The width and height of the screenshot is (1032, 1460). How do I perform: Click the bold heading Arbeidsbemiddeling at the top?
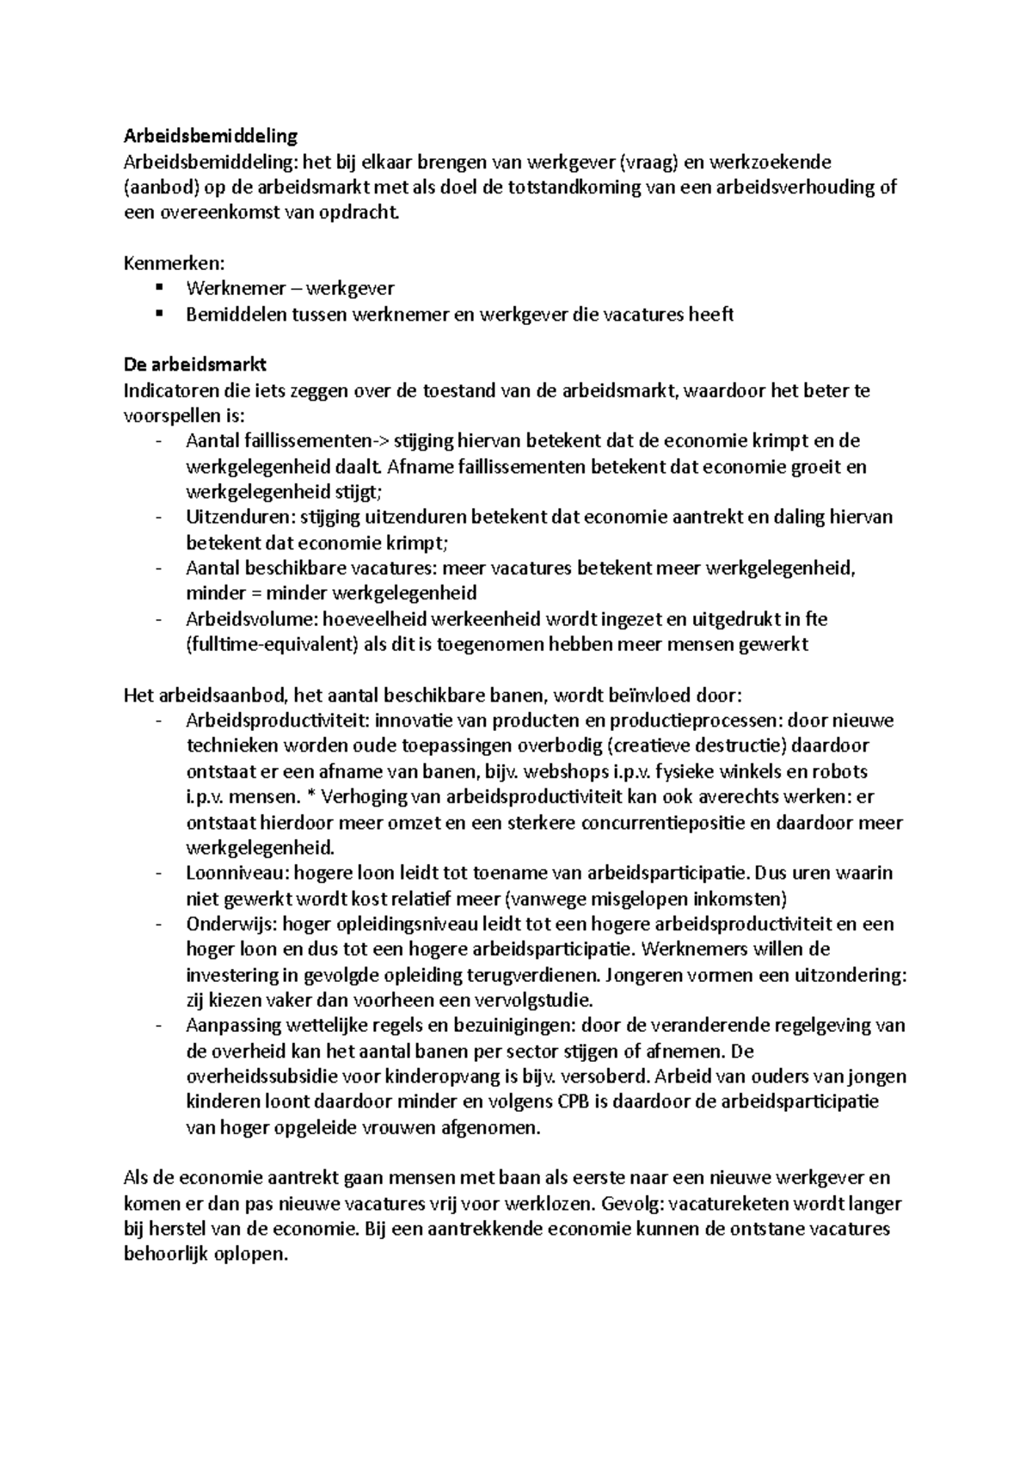[x=210, y=136]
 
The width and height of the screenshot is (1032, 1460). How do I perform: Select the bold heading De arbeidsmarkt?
[x=195, y=365]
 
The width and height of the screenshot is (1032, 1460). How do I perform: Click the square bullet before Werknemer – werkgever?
[x=159, y=288]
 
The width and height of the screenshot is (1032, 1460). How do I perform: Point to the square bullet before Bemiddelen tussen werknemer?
[x=159, y=314]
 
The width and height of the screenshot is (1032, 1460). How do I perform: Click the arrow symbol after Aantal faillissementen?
[x=381, y=442]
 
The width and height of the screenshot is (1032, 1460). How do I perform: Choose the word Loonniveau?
[x=238, y=874]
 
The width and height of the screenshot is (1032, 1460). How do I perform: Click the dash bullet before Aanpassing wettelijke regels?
[x=159, y=1026]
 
